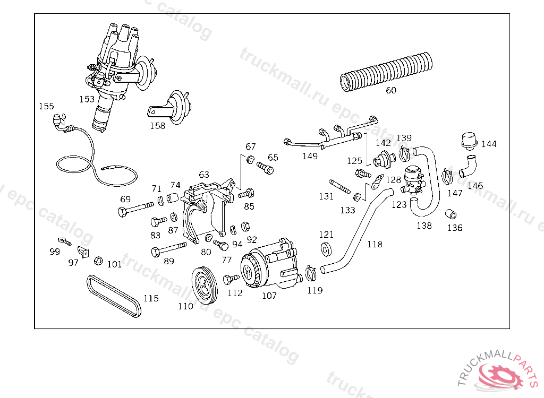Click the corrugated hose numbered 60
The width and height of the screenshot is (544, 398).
click(x=386, y=72)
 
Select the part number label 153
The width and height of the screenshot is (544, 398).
click(x=87, y=99)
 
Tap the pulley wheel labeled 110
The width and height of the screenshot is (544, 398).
click(x=205, y=284)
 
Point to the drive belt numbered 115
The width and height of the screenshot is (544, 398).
click(x=114, y=296)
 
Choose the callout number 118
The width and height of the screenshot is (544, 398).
click(x=375, y=245)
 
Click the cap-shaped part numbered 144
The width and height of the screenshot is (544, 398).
click(x=470, y=141)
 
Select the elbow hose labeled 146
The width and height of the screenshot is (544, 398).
click(x=468, y=167)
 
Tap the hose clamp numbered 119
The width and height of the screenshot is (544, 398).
click(x=311, y=273)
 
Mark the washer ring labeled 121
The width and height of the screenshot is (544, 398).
click(x=326, y=249)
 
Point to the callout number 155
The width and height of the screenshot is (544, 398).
click(x=47, y=106)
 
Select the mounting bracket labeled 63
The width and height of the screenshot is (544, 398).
click(x=208, y=211)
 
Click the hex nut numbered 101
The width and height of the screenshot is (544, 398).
click(x=98, y=261)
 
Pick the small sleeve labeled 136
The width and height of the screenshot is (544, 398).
click(x=450, y=214)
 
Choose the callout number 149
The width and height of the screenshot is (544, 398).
click(x=310, y=157)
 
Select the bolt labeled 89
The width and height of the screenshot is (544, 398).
click(x=169, y=249)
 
